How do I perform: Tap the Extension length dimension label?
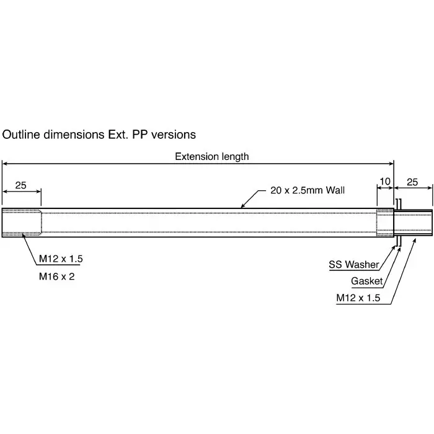point(211,156)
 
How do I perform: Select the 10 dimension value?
point(385,182)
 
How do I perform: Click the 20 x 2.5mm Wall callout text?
point(308,190)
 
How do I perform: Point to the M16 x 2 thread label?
point(56,277)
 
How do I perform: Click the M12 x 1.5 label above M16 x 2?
point(61,258)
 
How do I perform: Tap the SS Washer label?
point(353,265)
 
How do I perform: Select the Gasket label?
point(367,281)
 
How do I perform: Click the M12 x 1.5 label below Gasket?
point(358,298)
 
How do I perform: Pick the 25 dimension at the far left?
point(21,185)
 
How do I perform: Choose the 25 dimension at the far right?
point(412,182)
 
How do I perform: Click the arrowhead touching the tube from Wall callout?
point(243,205)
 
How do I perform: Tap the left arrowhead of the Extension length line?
point(5,164)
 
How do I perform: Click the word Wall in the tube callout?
point(334,190)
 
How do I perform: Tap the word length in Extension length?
point(234,156)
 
